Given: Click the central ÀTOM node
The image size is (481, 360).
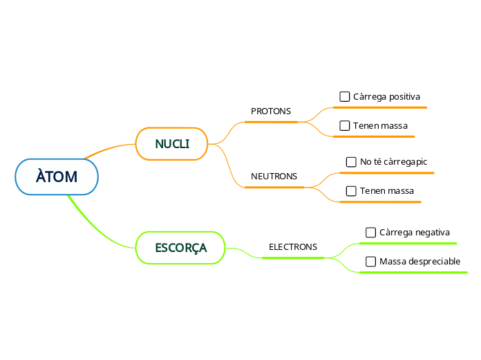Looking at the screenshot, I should (57, 177).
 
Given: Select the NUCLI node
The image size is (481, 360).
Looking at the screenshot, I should (172, 144).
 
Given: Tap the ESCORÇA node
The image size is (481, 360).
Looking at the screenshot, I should (180, 248).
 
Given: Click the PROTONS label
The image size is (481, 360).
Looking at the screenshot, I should (271, 111).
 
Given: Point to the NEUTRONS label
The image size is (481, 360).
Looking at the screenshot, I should (274, 176).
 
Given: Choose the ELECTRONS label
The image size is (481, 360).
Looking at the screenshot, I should (293, 246).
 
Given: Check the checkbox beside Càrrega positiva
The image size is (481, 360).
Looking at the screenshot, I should (345, 96).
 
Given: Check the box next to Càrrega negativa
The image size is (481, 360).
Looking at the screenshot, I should (371, 233).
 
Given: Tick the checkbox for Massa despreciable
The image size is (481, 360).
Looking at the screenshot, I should (371, 262).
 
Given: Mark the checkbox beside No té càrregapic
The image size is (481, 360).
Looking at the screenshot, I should (352, 162).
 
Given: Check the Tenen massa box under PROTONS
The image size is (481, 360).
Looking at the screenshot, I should (345, 126).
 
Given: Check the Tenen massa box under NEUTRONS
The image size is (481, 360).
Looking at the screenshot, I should (352, 191).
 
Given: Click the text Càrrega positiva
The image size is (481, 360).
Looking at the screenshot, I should (386, 96).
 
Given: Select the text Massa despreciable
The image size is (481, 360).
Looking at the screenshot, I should (419, 262).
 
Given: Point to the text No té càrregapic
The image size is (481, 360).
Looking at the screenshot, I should (393, 162).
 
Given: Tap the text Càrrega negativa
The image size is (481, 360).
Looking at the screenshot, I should (415, 233).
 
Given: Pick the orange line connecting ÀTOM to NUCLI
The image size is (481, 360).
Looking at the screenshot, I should (109, 148).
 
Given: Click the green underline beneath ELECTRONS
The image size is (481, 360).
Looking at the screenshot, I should (293, 258).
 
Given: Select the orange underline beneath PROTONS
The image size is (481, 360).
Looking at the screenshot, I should (271, 122).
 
